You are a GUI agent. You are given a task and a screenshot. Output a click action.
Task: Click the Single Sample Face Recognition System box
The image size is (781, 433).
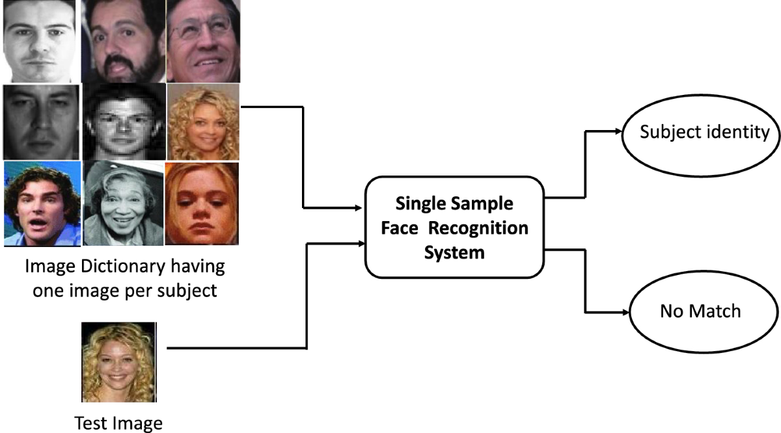click(454, 226)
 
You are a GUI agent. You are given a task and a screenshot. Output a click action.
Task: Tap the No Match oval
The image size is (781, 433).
click(700, 311)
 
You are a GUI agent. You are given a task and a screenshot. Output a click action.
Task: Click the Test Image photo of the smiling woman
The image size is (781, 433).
click(118, 361)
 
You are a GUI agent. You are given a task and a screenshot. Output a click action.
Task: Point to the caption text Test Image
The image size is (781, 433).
click(118, 424)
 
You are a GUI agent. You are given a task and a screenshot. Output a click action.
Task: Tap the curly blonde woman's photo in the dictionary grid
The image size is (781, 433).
click(202, 122)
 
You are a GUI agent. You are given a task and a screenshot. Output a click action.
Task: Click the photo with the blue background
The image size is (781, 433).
click(42, 203)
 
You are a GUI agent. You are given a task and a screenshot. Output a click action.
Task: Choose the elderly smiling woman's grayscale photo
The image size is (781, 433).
click(123, 203)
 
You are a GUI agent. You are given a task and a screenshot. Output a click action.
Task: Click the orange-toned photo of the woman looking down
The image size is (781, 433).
click(202, 203)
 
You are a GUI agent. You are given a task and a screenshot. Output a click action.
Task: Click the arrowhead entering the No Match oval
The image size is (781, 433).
click(625, 311)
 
